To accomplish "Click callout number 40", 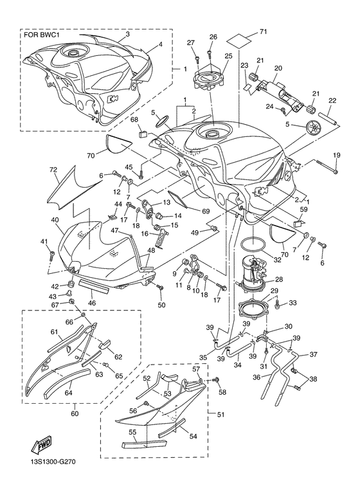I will [55, 220].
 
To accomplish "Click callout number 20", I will [278, 68].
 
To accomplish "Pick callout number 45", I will [129, 168].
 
